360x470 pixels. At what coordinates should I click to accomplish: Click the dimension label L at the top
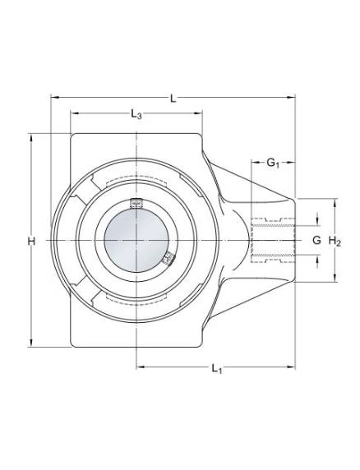point(173,99)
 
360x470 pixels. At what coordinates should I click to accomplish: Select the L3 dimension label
point(136,114)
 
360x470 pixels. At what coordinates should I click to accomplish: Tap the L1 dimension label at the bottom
point(216,368)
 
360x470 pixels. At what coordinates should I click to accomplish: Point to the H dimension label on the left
point(31,241)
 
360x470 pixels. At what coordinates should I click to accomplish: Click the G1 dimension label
point(273,164)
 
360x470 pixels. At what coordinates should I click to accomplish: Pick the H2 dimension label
point(335,241)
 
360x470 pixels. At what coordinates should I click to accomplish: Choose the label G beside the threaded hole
point(316,240)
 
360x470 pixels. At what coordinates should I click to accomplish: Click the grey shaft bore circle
point(136,241)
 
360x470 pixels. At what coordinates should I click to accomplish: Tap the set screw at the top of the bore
point(136,203)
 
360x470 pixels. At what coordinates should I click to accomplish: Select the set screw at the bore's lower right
point(169,259)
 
